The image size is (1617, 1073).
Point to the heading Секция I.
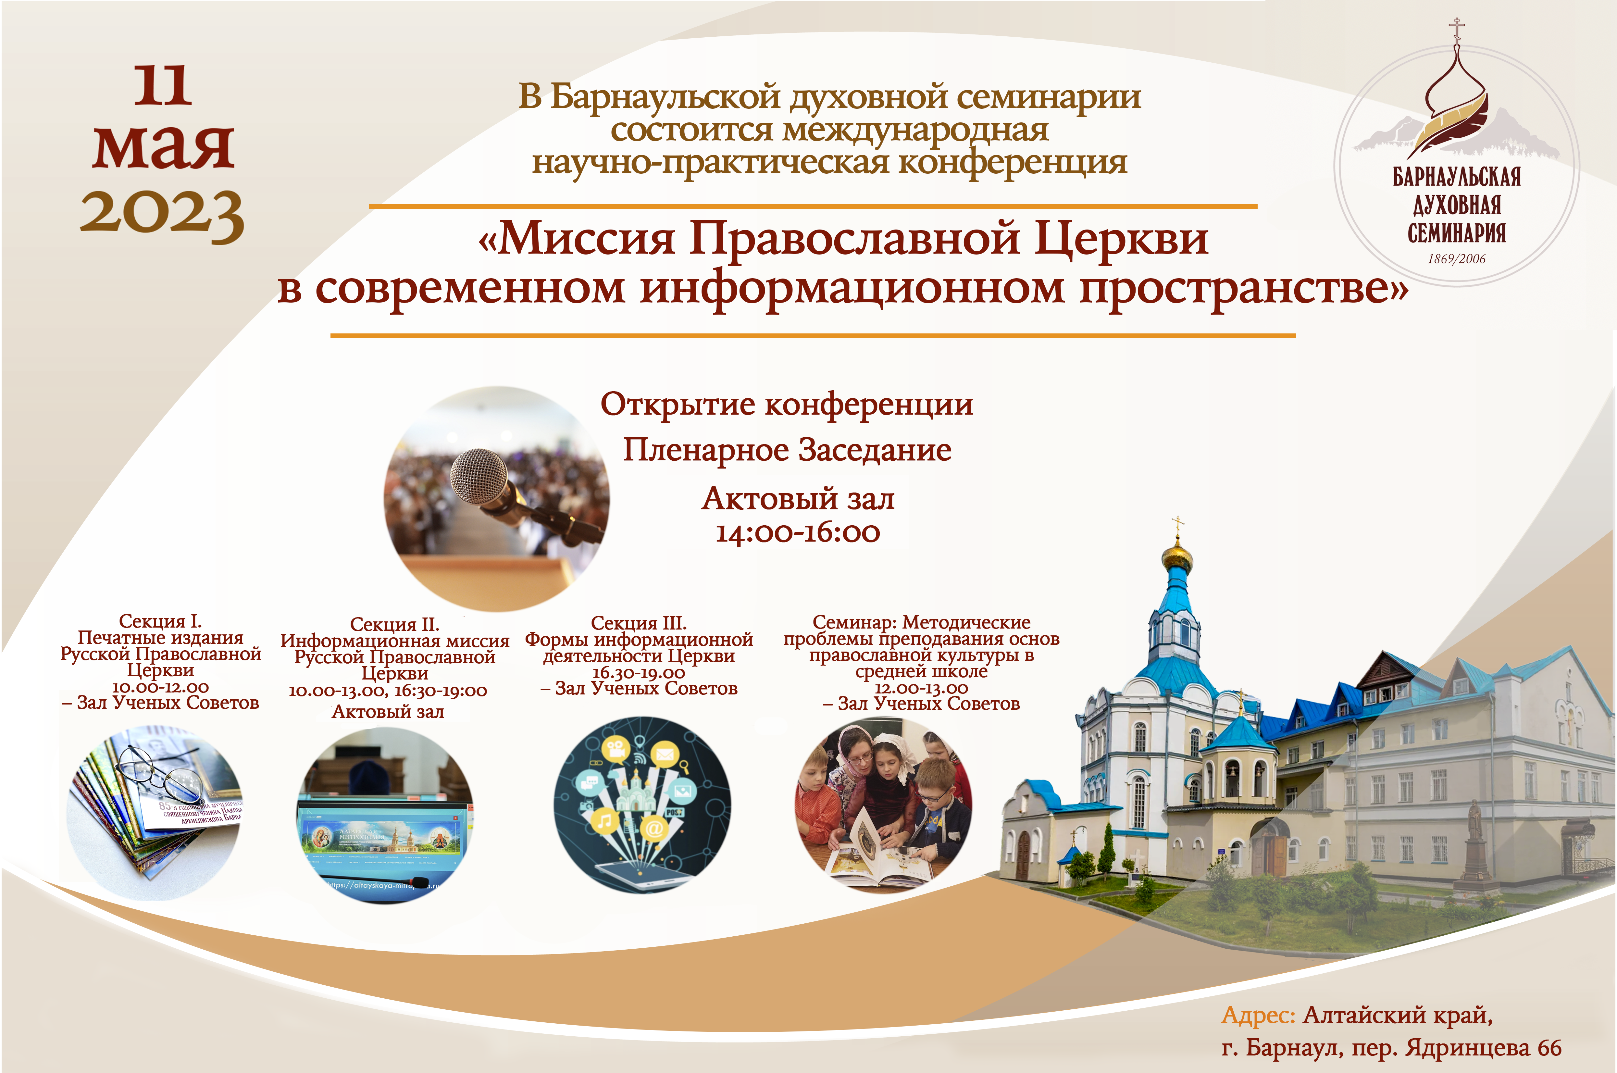coord(160,621)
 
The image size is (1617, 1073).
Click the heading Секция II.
coord(394,624)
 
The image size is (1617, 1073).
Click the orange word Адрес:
coord(1258,1015)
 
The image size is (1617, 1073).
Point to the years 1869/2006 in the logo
coord(1456,259)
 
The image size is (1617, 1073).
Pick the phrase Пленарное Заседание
coord(787,450)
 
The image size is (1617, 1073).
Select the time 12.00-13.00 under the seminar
coord(921,688)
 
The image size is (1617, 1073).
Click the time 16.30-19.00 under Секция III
coord(639,673)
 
